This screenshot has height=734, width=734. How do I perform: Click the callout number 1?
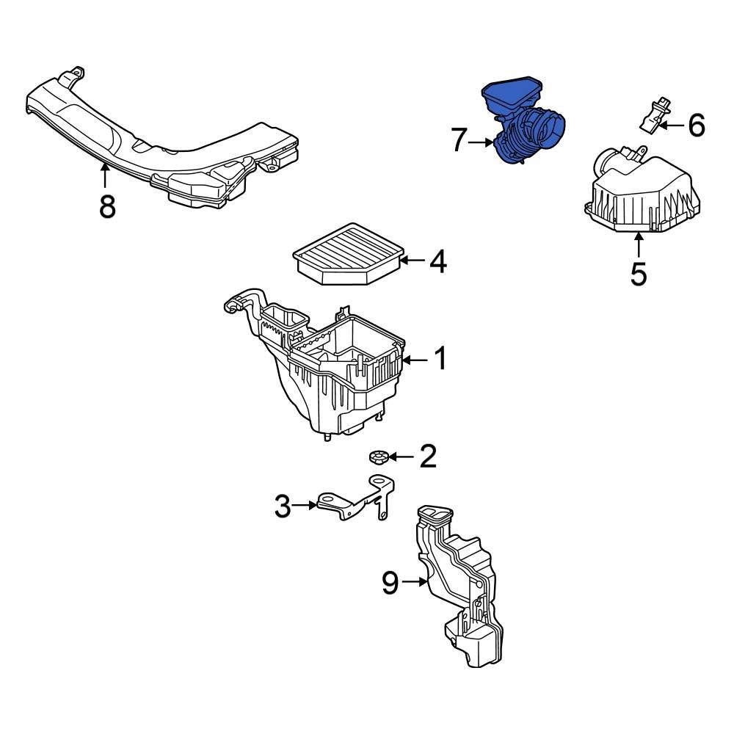(x=439, y=360)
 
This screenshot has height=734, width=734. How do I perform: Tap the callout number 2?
(x=426, y=457)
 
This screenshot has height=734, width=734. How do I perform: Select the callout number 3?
(x=283, y=506)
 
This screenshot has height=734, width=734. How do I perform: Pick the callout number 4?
(x=437, y=262)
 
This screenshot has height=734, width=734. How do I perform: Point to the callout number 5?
(x=639, y=274)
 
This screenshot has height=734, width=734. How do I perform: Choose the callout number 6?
(x=696, y=126)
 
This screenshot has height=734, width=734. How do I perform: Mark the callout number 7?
(x=459, y=140)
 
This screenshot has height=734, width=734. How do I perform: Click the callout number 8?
(x=107, y=206)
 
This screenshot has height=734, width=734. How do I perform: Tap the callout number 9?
(x=390, y=583)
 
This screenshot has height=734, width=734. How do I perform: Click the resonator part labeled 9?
(x=459, y=580)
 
